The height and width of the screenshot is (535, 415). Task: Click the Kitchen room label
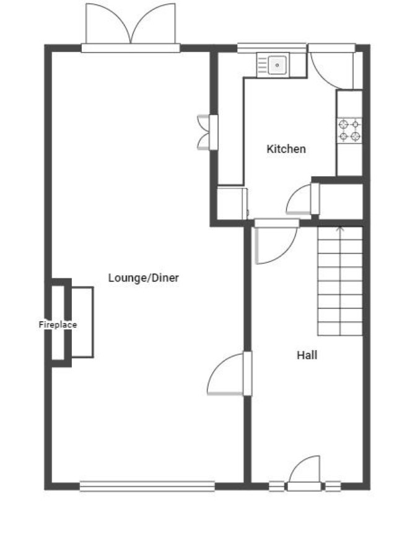pyautogui.click(x=286, y=149)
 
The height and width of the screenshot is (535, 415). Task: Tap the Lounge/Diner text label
pyautogui.click(x=144, y=278)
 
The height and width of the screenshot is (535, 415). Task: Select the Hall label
pyautogui.click(x=307, y=355)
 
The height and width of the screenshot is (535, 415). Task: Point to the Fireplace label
pyautogui.click(x=58, y=324)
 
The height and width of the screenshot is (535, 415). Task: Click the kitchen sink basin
pyautogui.click(x=277, y=65)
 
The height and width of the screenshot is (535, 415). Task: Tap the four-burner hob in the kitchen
pyautogui.click(x=349, y=130)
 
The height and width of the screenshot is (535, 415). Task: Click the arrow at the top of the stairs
pyautogui.click(x=339, y=229)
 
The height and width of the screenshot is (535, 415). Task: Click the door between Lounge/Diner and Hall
pyautogui.click(x=229, y=374)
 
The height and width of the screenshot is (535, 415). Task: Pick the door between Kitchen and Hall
pyautogui.click(x=276, y=242)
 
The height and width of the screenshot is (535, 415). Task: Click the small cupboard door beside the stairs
pyautogui.click(x=303, y=199)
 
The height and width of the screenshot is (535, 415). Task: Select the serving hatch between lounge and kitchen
pyautogui.click(x=208, y=133)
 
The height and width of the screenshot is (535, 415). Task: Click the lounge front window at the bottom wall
pyautogui.click(x=147, y=486)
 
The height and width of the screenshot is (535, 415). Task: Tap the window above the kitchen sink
pyautogui.click(x=272, y=48)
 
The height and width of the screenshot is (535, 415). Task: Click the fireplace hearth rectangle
pyautogui.click(x=82, y=322)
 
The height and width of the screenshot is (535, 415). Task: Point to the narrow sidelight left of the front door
pyautogui.click(x=276, y=486)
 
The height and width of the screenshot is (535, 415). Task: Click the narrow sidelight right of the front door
pyautogui.click(x=333, y=486)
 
